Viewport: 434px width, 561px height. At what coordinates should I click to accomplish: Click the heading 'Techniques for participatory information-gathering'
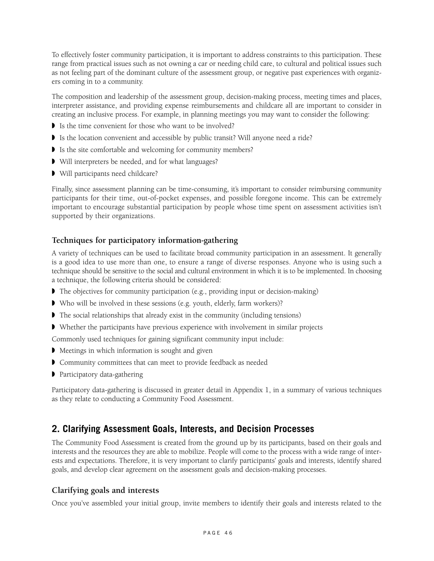(x=145, y=240)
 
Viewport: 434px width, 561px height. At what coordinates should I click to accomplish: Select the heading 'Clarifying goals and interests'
(x=105, y=490)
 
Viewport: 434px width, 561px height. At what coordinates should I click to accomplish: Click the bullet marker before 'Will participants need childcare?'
(x=53, y=174)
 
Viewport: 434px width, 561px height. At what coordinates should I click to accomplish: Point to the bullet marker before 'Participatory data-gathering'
(x=53, y=374)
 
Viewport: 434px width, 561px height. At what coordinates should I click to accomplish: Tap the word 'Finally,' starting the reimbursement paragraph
(x=63, y=189)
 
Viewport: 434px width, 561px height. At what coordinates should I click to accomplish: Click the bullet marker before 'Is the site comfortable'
(x=53, y=150)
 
